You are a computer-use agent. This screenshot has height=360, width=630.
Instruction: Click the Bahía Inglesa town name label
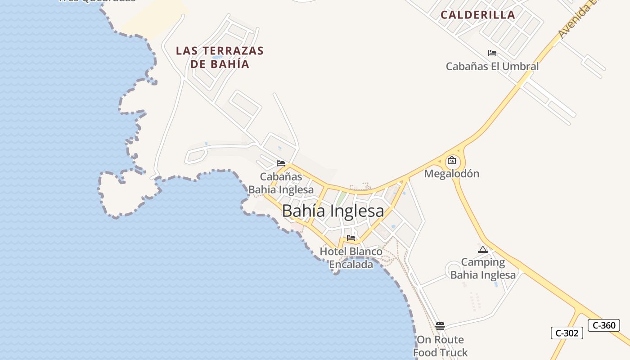pyautogui.click(x=333, y=211)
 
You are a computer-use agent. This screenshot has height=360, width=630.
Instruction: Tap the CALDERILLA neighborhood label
pyautogui.click(x=477, y=15)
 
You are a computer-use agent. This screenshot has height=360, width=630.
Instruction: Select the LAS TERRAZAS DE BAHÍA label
pyautogui.click(x=220, y=57)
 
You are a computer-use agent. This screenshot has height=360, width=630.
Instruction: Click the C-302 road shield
pyautogui.click(x=567, y=333)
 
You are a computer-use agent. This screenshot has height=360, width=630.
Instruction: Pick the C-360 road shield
pyautogui.click(x=603, y=325)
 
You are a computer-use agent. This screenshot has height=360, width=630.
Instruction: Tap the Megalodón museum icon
pyautogui.click(x=451, y=160)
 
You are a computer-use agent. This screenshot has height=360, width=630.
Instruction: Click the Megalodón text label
pyautogui.click(x=452, y=173)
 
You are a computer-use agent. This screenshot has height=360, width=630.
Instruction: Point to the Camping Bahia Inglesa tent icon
pyautogui.click(x=483, y=249)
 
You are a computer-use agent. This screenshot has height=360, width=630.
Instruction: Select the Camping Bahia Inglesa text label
pyautogui.click(x=483, y=268)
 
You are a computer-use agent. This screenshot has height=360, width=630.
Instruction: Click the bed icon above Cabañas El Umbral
pyautogui.click(x=492, y=53)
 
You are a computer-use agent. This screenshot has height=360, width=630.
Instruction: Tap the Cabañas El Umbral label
pyautogui.click(x=492, y=66)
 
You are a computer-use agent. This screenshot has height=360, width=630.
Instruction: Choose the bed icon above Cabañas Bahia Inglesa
pyautogui.click(x=281, y=163)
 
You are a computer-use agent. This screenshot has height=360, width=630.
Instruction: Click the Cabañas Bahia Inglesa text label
pyautogui.click(x=281, y=183)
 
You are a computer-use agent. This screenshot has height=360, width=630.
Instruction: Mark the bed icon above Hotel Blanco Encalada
pyautogui.click(x=351, y=238)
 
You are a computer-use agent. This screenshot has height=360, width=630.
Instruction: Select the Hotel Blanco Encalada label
pyautogui.click(x=351, y=258)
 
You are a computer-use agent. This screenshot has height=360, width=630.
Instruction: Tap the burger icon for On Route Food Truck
pyautogui.click(x=440, y=326)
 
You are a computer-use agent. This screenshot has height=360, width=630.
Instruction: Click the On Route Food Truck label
pyautogui.click(x=440, y=346)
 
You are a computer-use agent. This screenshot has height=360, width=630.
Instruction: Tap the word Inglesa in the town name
pyautogui.click(x=358, y=211)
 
